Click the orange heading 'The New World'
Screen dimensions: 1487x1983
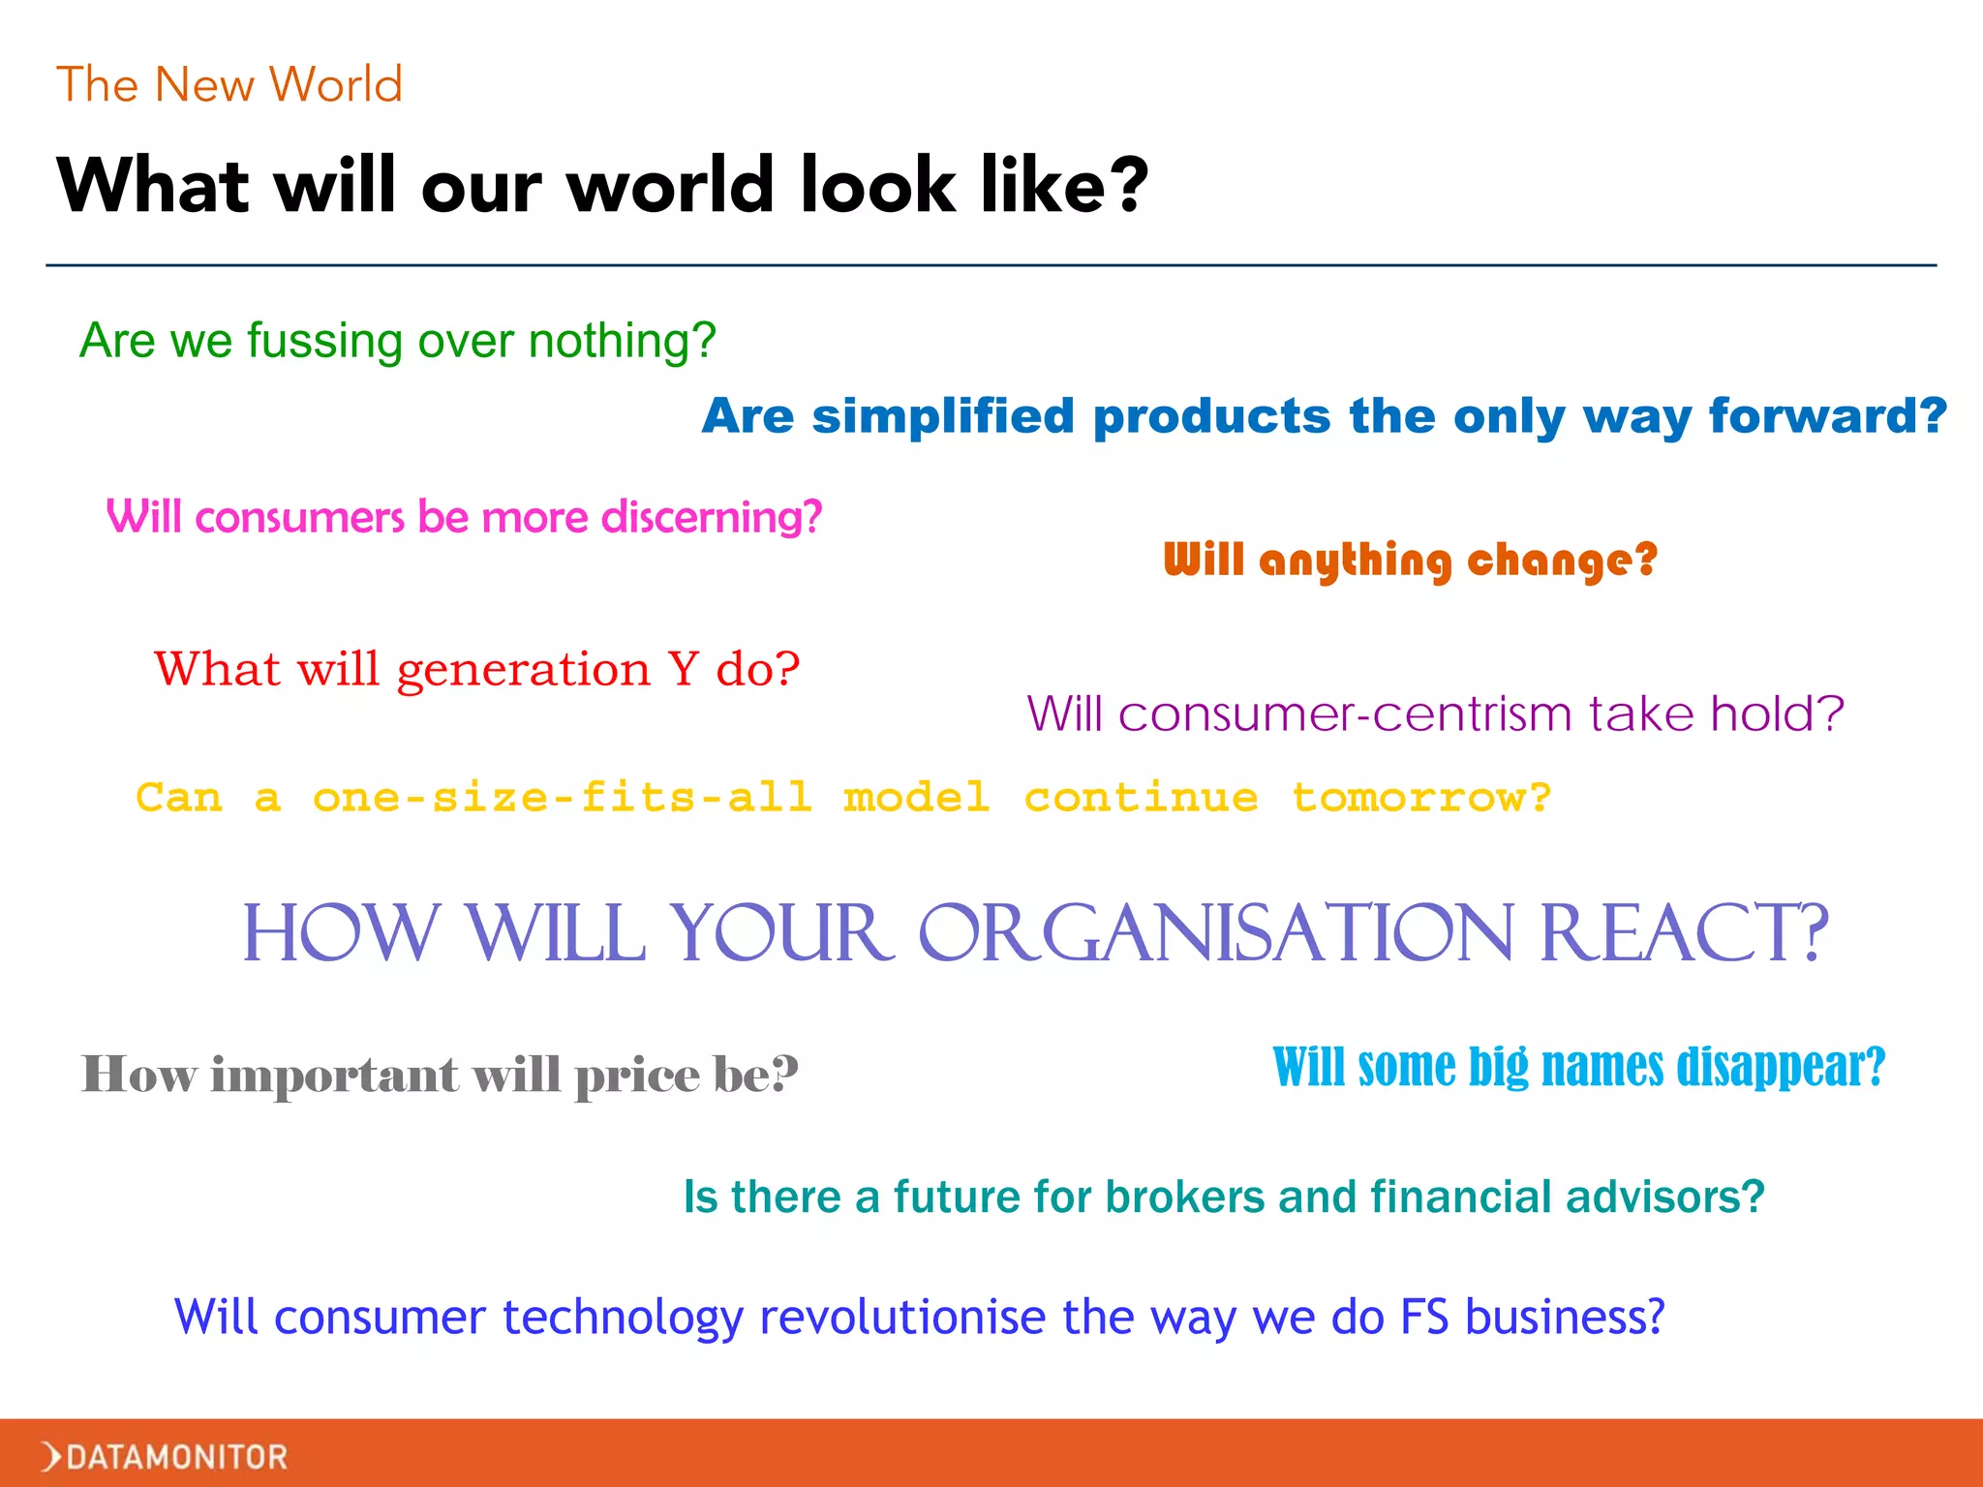pyautogui.click(x=229, y=85)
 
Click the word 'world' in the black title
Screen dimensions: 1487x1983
pyautogui.click(x=670, y=185)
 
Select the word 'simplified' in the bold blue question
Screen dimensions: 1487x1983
pyautogui.click(x=943, y=416)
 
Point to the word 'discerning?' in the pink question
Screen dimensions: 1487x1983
pyautogui.click(x=712, y=517)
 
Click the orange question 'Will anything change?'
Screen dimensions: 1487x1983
pyautogui.click(x=1410, y=561)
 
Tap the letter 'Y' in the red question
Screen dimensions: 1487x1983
pyautogui.click(x=683, y=669)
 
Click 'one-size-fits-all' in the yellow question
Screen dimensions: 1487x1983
pyautogui.click(x=562, y=798)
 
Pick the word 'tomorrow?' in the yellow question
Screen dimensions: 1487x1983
pyautogui.click(x=1421, y=798)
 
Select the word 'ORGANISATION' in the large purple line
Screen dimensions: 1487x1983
pyautogui.click(x=1215, y=933)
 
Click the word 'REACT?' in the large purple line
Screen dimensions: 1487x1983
pyautogui.click(x=1683, y=933)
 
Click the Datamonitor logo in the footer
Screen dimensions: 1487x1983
pyautogui.click(x=165, y=1456)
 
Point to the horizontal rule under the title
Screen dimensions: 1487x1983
pyautogui.click(x=991, y=264)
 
